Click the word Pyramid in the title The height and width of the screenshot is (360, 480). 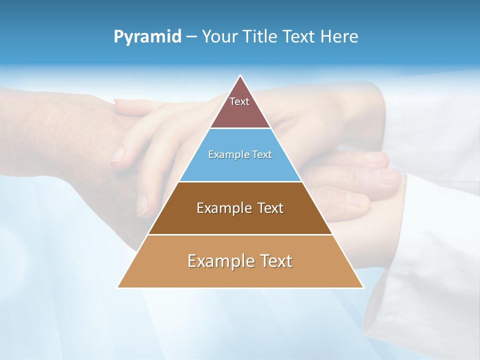tap(147, 37)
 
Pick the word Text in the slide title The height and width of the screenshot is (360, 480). tap(301, 36)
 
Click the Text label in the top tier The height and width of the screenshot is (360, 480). tap(239, 101)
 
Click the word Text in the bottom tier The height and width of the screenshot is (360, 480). tap(275, 261)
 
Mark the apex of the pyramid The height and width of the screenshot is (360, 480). tap(240, 76)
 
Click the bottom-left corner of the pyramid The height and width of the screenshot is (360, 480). tap(118, 287)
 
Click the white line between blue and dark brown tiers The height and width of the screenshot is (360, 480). tap(240, 181)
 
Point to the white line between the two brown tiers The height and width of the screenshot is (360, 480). tap(240, 234)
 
